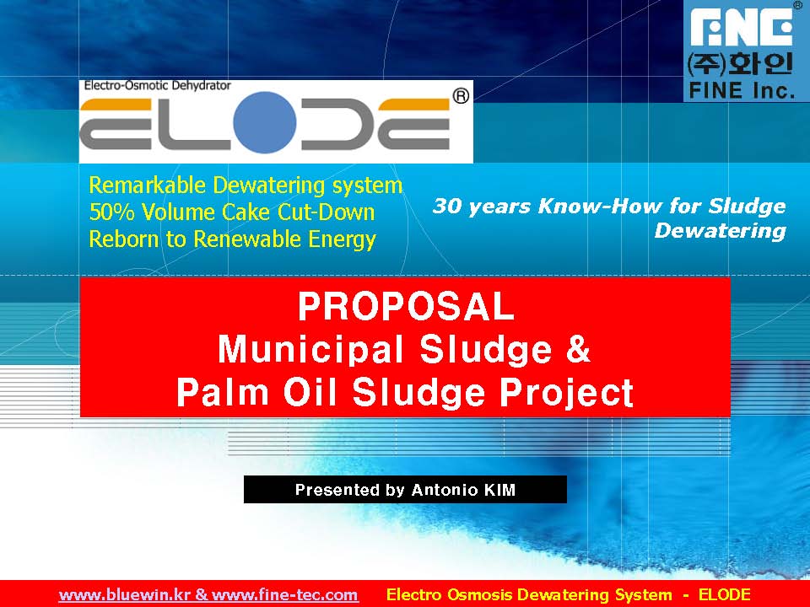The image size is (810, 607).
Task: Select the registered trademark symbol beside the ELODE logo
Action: click(x=461, y=96)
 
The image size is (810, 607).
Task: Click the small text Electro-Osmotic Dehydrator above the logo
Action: click(x=156, y=85)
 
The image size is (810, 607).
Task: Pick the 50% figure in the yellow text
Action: click(x=108, y=212)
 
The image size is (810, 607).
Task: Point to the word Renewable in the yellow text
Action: click(x=245, y=239)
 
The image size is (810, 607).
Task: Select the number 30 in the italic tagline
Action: click(x=446, y=207)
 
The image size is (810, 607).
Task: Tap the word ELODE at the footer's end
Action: click(x=724, y=594)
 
